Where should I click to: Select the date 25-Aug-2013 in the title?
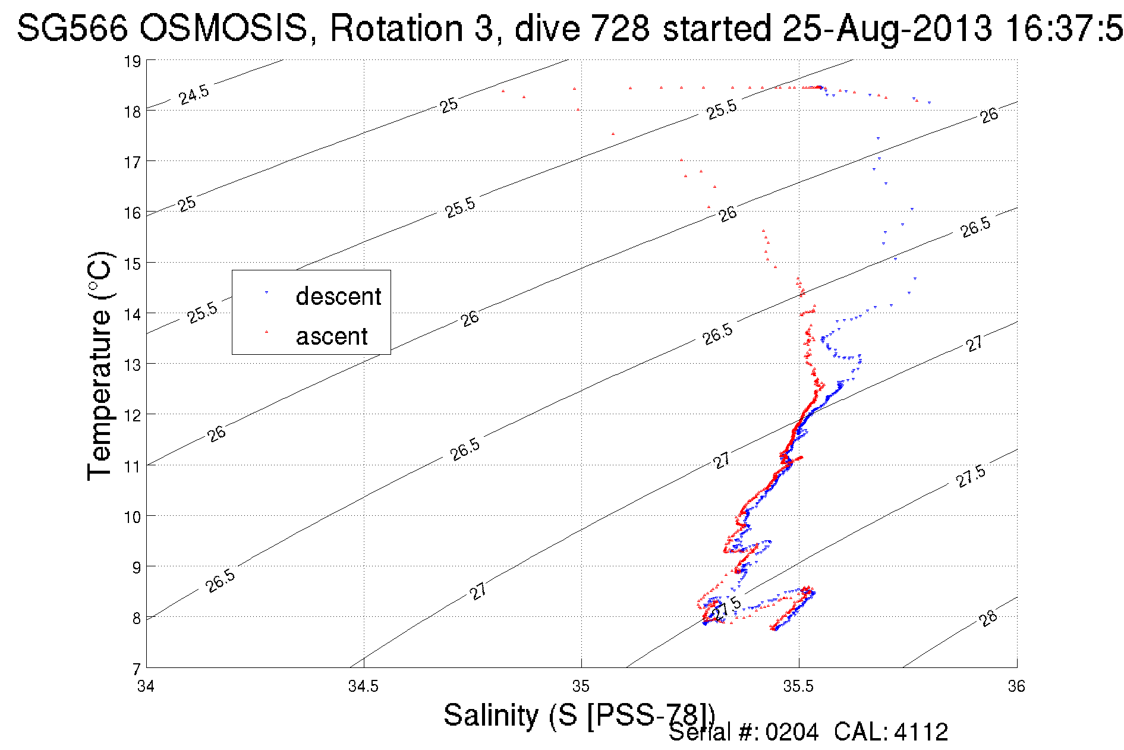point(887,28)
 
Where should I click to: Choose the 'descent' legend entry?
point(338,296)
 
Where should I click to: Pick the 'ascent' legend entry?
point(332,336)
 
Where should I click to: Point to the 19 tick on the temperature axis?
point(132,61)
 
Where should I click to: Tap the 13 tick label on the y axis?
point(132,364)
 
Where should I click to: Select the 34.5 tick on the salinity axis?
point(363,686)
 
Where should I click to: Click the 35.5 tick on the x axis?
point(798,686)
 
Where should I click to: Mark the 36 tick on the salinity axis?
point(1016,686)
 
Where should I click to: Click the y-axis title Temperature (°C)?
point(99,365)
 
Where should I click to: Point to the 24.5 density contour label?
point(194,94)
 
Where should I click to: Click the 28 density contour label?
point(988,618)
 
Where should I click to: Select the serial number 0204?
point(792,732)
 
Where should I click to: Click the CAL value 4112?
point(920,732)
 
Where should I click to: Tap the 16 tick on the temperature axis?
point(132,213)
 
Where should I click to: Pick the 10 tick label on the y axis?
point(132,516)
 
